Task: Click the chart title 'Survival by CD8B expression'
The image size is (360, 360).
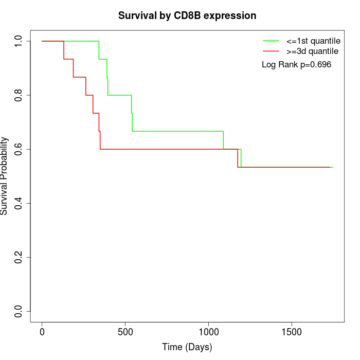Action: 187,15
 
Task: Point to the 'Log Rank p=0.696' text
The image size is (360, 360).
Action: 296,65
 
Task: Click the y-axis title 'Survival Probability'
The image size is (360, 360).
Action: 5,176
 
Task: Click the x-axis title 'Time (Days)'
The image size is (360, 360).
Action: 187,347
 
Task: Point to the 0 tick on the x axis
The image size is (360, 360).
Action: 42,332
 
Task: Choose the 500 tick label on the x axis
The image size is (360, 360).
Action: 125,332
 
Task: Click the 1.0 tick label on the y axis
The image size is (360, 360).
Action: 19,41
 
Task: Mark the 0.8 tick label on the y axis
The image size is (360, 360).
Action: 19,95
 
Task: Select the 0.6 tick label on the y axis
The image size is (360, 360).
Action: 19,149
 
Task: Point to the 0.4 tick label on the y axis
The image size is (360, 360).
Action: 19,203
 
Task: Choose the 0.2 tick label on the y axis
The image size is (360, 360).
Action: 19,257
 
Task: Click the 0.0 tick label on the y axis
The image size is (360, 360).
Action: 19,311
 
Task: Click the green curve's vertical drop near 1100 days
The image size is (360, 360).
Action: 223,140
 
